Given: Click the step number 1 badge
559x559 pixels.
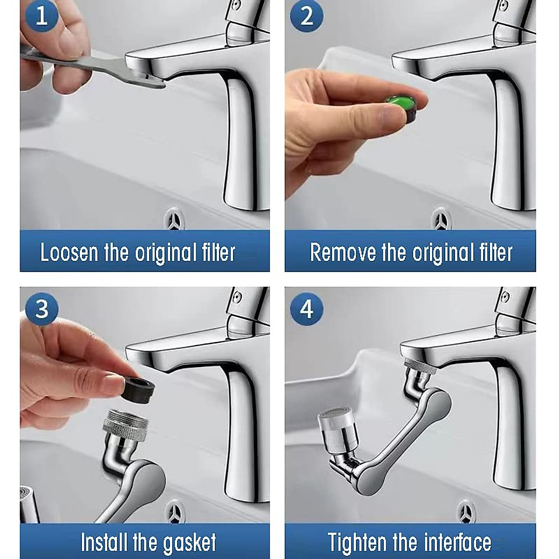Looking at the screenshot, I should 41,16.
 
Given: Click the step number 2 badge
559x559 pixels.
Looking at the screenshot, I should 306,16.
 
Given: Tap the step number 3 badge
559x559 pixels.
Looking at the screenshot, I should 41,309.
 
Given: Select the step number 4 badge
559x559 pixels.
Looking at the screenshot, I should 306,309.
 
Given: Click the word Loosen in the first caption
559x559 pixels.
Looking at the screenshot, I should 69,253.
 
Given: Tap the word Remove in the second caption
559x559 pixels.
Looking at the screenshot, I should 343,253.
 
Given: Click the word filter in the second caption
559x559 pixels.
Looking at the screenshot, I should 496,253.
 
